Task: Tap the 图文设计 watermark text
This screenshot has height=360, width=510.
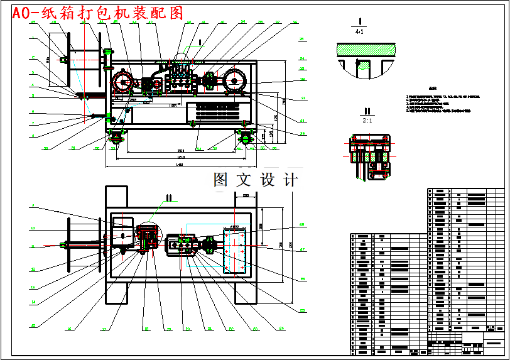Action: [x=255, y=180]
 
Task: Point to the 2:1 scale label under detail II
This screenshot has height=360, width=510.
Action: [x=368, y=119]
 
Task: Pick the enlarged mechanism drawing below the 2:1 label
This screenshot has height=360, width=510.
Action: [x=368, y=157]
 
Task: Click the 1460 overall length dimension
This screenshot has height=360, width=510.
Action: [x=179, y=165]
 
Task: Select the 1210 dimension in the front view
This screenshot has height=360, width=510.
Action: [x=180, y=156]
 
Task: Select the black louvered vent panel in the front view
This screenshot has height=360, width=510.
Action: [x=219, y=112]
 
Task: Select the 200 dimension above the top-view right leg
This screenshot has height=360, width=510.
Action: [x=246, y=195]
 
